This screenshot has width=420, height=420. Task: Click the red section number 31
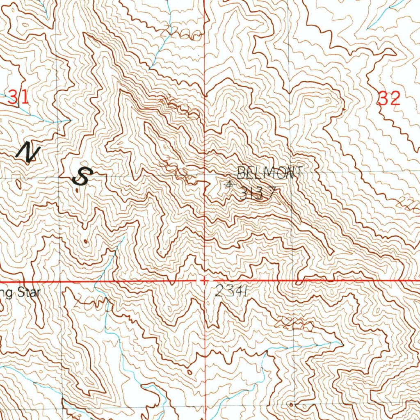click(19, 98)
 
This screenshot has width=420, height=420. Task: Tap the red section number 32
click(389, 98)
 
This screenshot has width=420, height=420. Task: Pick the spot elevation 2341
click(231, 292)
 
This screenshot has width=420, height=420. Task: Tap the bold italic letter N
click(28, 153)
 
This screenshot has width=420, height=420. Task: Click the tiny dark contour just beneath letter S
click(78, 190)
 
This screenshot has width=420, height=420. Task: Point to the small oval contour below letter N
click(19, 184)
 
